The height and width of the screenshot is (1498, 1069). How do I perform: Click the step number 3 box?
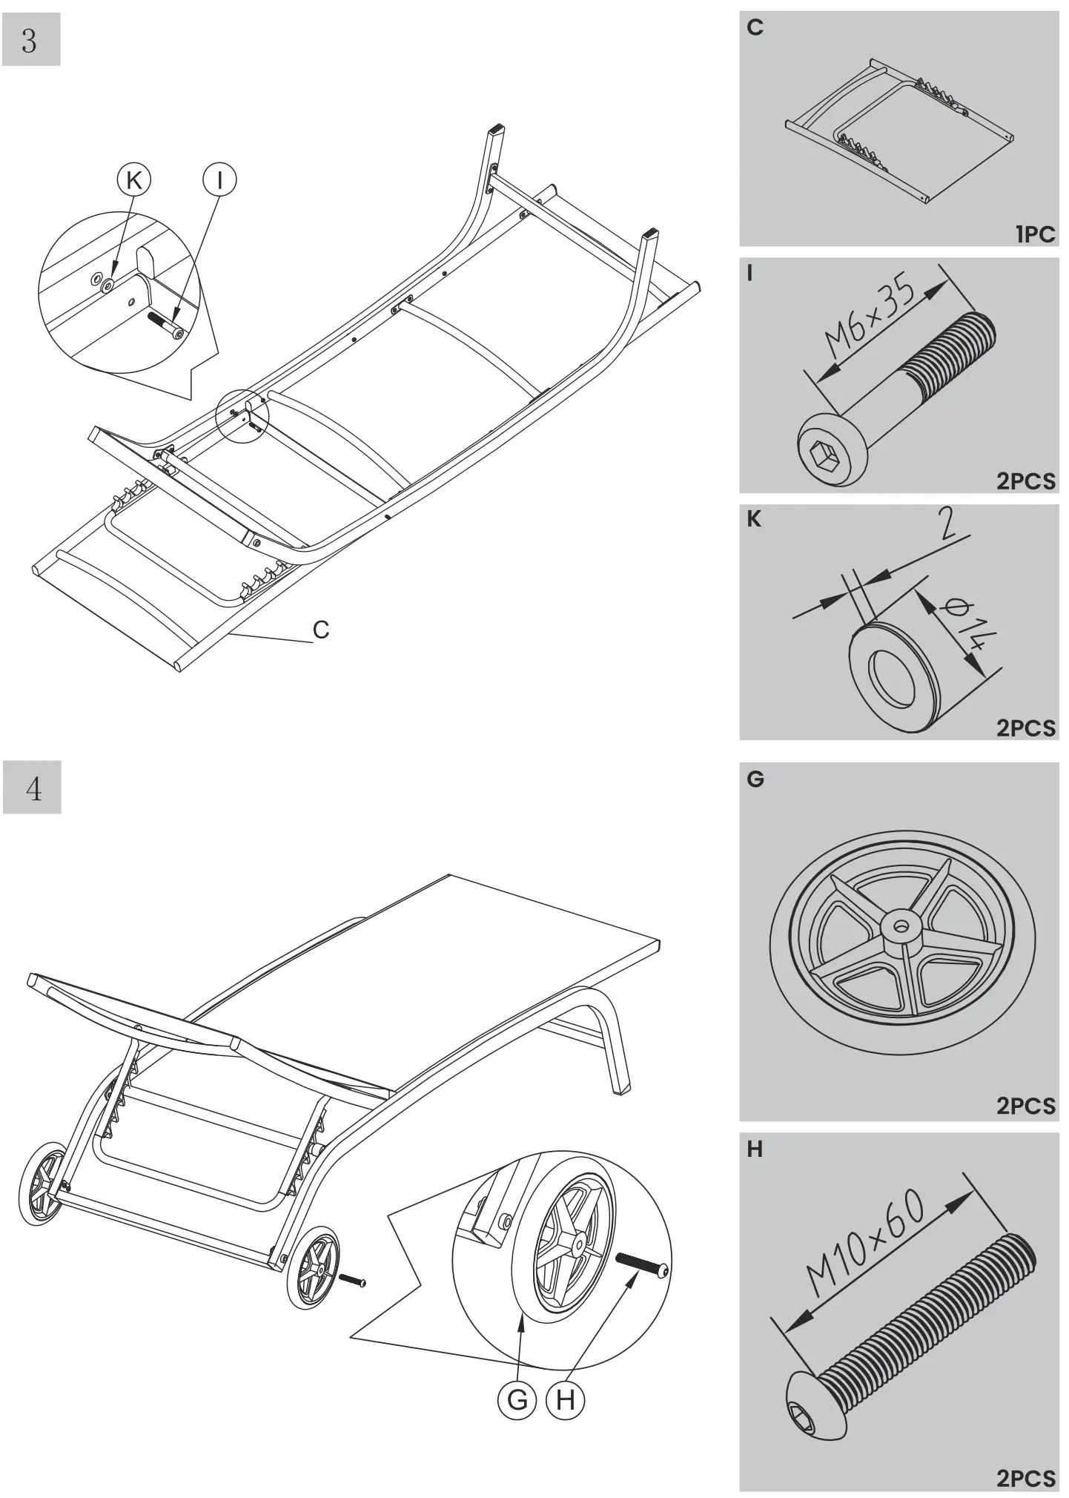pos(30,40)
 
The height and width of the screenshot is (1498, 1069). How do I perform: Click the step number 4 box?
pos(32,788)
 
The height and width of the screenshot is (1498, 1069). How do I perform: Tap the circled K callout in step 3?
pos(134,180)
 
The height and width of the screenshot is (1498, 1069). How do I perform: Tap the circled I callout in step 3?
pos(219,180)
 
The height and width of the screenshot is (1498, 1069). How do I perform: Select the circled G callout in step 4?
pos(517,1400)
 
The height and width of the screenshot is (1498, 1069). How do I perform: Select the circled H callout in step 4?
pos(565,1400)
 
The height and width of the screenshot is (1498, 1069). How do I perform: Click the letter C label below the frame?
pos(321,630)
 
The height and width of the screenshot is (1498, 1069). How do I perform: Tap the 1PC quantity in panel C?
pos(1034,234)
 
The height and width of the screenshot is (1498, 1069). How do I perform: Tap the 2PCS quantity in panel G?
pos(1025,1106)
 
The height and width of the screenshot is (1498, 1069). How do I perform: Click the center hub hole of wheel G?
pos(901,926)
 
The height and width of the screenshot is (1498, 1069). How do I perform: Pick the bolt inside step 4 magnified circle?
pos(643,1263)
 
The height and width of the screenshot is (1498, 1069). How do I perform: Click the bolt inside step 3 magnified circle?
pos(167,325)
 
